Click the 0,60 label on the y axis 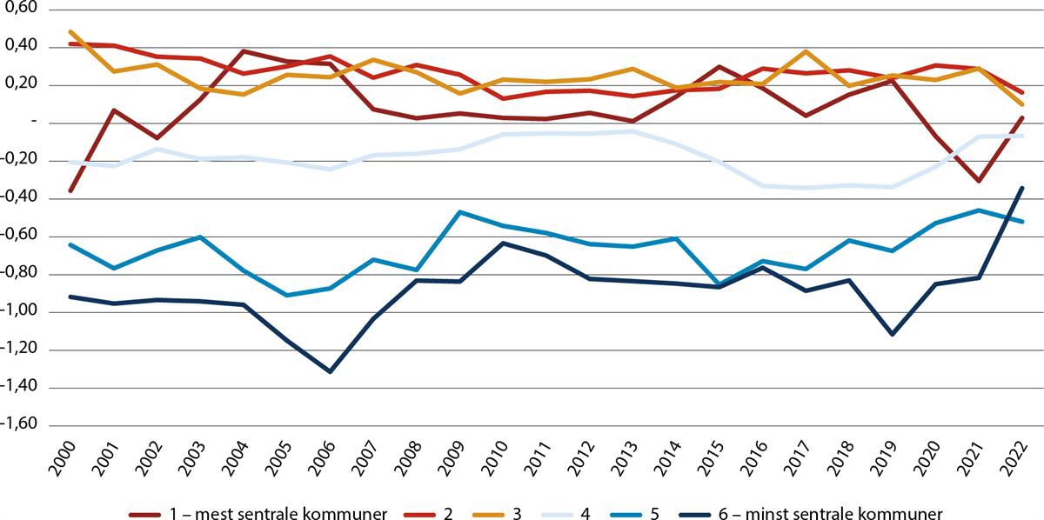(x=20, y=9)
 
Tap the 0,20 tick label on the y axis (x=20, y=84)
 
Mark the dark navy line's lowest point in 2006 (x=330, y=371)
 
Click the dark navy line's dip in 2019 (x=893, y=334)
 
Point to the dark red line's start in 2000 (x=70, y=191)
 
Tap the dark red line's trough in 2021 (x=979, y=181)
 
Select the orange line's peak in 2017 (x=806, y=51)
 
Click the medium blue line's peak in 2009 (x=459, y=211)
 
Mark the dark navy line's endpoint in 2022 (x=1022, y=188)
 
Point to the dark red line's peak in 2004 (x=243, y=51)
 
